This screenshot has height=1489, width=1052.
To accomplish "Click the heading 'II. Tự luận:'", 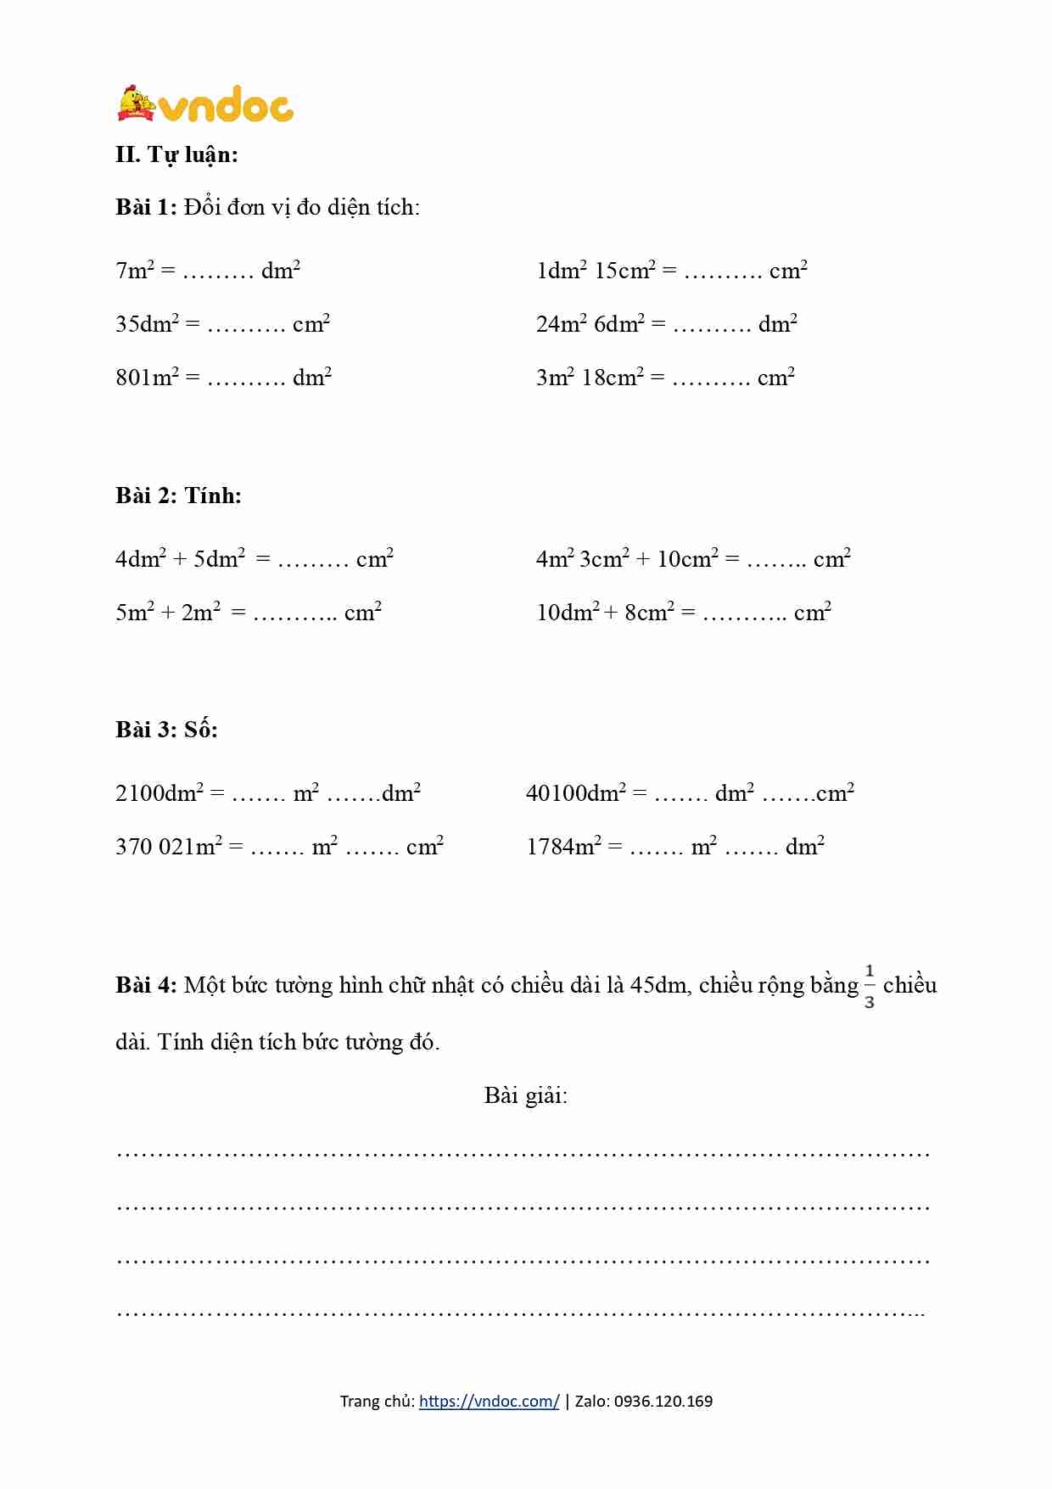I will tap(176, 154).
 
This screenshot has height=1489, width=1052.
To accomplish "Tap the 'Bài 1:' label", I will tap(146, 207).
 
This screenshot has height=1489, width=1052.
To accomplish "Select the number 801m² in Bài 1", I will tap(148, 377).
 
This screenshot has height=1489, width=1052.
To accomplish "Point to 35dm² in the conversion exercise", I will tap(148, 324).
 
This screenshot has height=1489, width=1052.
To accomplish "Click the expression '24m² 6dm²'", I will tap(590, 324).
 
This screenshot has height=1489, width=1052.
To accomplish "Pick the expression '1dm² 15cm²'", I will tap(596, 271).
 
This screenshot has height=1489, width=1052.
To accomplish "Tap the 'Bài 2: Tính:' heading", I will tap(178, 495).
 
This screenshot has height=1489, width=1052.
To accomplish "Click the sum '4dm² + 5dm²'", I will tap(180, 559).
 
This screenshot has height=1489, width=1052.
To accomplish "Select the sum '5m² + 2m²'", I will tap(168, 613).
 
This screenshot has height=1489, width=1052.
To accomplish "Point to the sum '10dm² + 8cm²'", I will tap(605, 613).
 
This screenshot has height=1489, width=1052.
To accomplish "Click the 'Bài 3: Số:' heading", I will tap(166, 730).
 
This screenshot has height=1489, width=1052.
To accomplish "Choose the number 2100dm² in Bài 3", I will tap(159, 793).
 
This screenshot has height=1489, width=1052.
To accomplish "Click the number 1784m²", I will tap(563, 847).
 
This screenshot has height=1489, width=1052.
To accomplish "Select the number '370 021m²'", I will tap(169, 847).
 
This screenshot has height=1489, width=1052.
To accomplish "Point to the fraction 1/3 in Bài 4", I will tap(870, 987).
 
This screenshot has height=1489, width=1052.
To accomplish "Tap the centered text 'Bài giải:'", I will tap(526, 1095).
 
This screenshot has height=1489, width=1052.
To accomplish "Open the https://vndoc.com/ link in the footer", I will tap(489, 1402).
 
